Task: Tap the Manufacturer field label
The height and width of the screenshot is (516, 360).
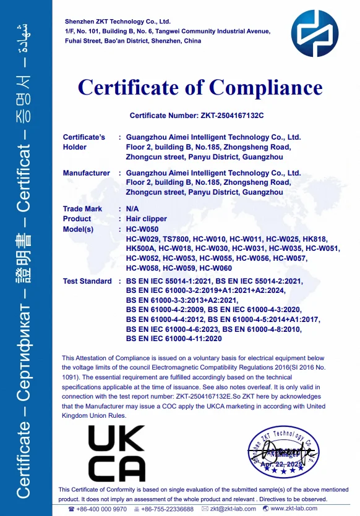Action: [x=87, y=174]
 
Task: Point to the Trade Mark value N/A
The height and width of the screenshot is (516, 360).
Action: [x=132, y=209]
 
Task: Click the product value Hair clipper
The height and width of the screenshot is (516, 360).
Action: [x=146, y=219]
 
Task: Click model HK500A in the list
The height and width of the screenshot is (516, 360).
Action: [x=140, y=248]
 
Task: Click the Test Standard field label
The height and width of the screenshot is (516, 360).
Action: [x=87, y=282]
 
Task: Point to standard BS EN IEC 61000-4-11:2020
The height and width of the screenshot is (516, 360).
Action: [x=173, y=339]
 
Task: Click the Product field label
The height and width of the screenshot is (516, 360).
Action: [x=77, y=219]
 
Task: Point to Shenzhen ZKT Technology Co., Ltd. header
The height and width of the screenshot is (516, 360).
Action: [x=117, y=22]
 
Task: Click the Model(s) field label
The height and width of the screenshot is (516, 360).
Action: [x=78, y=229]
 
